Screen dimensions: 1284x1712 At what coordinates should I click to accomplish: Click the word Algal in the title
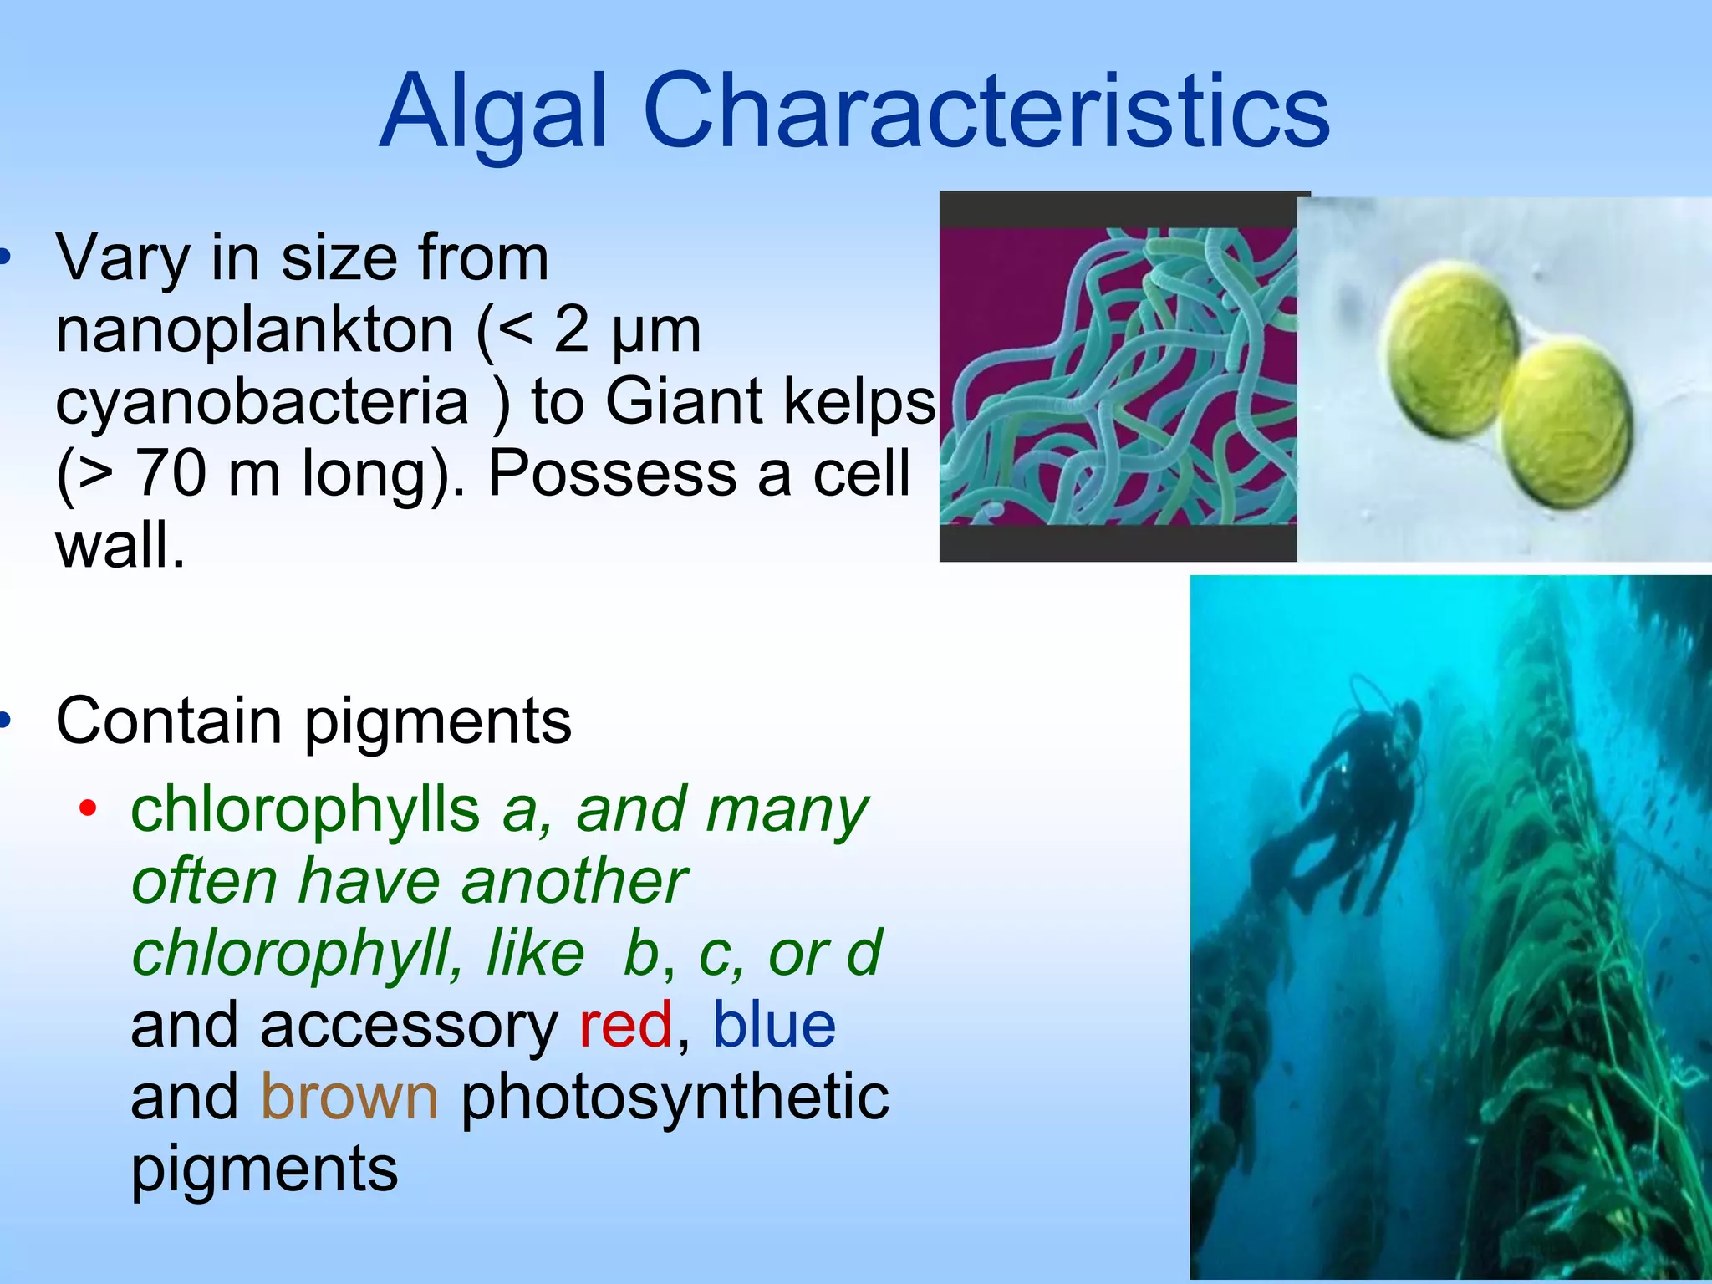pyautogui.click(x=493, y=113)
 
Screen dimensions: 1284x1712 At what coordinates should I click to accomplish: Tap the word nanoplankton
pyautogui.click(x=254, y=331)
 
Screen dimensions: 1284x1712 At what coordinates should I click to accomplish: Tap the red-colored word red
pyautogui.click(x=625, y=1026)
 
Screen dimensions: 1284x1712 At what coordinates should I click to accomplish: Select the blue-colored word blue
pyautogui.click(x=773, y=1026)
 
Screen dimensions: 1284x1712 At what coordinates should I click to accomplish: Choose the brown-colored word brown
pyautogui.click(x=349, y=1098)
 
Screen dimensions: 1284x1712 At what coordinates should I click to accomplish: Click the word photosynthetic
pyautogui.click(x=675, y=1098)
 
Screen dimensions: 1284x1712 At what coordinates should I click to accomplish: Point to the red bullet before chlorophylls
pyautogui.click(x=88, y=808)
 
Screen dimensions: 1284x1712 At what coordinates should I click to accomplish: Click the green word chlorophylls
pyautogui.click(x=305, y=810)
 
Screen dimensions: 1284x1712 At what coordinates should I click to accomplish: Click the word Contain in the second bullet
pyautogui.click(x=168, y=721)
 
